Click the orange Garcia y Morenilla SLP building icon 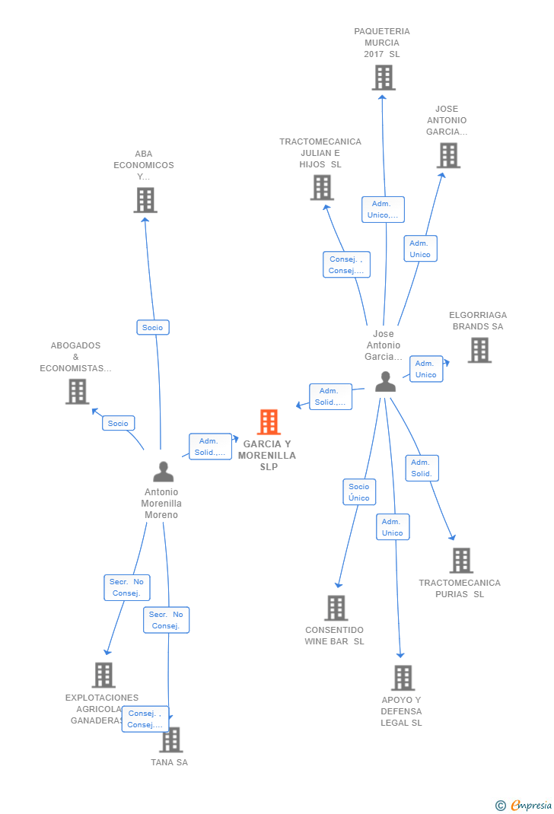click(269, 422)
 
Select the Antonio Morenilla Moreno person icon click(163, 472)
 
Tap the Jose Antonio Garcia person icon click(386, 382)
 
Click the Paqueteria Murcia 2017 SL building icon click(384, 78)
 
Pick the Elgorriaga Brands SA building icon click(479, 351)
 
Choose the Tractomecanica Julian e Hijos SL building click(322, 188)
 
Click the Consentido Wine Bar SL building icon click(336, 608)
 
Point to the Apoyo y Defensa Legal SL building click(403, 678)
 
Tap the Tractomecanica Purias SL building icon click(461, 561)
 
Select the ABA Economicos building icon click(145, 200)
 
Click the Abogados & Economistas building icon click(78, 392)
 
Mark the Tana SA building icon click(172, 739)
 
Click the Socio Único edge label click(359, 492)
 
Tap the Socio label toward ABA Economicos click(153, 327)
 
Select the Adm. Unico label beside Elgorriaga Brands click(426, 369)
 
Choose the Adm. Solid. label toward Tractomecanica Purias click(422, 468)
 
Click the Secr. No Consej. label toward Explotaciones click(127, 587)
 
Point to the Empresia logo click(524, 805)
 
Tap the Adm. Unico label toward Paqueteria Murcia click(383, 209)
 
